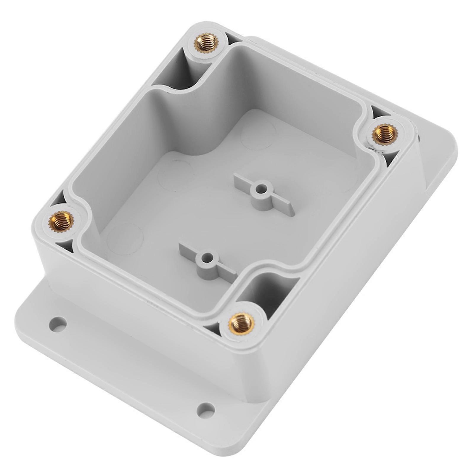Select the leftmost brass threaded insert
pyautogui.click(x=60, y=220)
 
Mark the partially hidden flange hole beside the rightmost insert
pyautogui.click(x=420, y=138)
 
